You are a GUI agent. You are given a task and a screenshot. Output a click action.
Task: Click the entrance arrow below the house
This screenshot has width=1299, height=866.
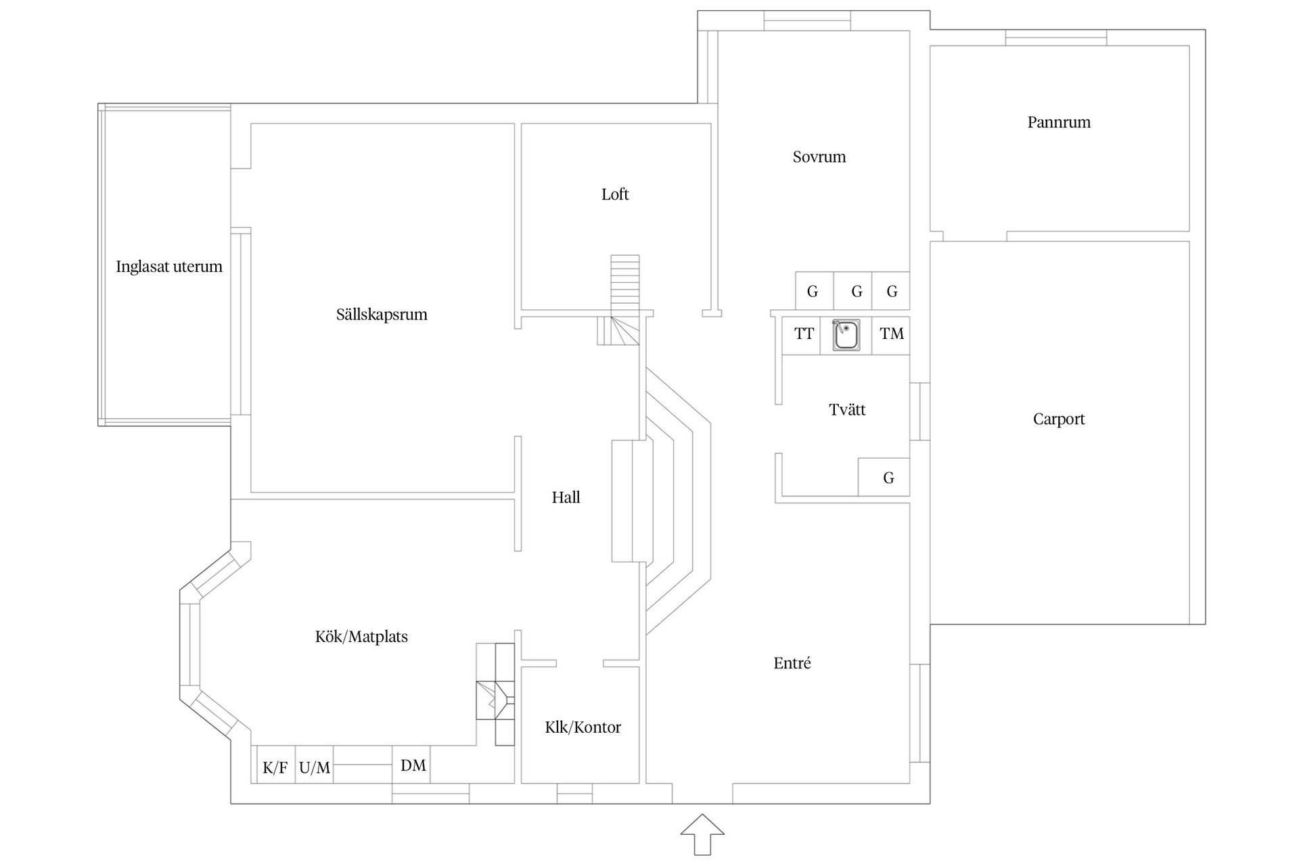702,834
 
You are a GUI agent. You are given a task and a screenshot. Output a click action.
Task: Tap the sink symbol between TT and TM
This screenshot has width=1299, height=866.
846,336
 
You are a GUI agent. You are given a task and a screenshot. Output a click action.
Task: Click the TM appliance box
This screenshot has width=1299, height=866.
891,334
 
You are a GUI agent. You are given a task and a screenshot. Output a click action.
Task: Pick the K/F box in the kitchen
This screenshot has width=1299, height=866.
275,767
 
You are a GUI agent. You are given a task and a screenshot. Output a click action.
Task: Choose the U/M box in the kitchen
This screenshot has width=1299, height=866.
315,767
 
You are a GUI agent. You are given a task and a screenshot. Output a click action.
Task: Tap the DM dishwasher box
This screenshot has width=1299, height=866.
413,765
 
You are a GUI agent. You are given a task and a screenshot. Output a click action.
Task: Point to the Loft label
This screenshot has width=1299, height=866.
615,195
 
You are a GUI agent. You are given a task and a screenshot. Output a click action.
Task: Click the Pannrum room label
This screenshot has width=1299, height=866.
1059,122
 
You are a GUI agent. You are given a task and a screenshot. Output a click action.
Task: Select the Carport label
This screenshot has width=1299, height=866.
1059,419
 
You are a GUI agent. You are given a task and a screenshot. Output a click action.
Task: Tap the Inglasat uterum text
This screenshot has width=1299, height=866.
169,267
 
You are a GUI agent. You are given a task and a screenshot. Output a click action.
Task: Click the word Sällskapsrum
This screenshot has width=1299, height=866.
382,315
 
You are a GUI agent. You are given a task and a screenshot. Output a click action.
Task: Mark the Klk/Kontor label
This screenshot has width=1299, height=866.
583,727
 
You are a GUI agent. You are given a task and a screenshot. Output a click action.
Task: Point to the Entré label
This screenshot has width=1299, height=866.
792,663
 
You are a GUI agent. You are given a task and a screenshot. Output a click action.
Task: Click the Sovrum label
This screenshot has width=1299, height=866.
819,157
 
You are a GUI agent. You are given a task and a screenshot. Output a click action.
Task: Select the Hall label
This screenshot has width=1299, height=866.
566,498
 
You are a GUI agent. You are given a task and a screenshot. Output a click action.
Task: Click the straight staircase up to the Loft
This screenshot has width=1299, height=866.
625,284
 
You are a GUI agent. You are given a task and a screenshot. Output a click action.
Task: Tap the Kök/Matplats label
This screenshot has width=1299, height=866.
361,637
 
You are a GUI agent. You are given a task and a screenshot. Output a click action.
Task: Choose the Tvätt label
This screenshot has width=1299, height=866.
847,410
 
